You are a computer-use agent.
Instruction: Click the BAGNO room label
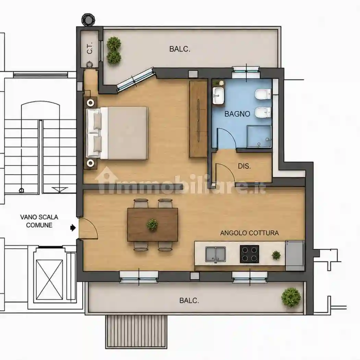click(x=237, y=114)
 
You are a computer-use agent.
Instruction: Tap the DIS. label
click(x=244, y=166)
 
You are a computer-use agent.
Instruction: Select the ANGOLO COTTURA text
click(x=249, y=233)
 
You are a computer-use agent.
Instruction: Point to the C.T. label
click(x=90, y=48)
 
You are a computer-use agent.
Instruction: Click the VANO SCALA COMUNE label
click(x=39, y=221)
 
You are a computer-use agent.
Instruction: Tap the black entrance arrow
click(x=73, y=228)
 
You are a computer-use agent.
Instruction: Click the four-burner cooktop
click(x=249, y=254)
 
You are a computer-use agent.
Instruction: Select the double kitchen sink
click(x=215, y=254)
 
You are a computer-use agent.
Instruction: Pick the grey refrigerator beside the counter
click(x=295, y=255)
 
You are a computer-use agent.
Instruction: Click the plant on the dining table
click(x=152, y=224)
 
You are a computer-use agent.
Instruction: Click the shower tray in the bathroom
click(x=259, y=136)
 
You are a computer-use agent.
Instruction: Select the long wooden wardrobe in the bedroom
click(x=198, y=119)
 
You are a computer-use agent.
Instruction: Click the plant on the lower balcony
click(x=291, y=297)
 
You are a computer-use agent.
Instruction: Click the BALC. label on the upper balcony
click(x=180, y=49)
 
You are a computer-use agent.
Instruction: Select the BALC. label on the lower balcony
click(x=189, y=301)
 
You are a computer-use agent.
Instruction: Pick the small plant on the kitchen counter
click(x=276, y=255)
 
